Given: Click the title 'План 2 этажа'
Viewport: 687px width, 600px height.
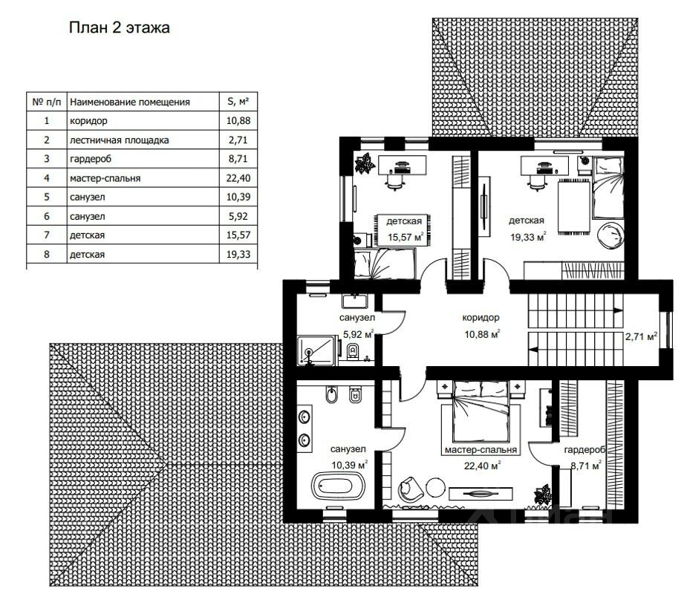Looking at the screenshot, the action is tap(119, 27).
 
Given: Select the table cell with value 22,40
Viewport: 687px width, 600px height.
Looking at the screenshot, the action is tap(238, 177).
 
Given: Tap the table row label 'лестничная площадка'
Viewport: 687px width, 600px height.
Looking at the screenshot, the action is tap(119, 140).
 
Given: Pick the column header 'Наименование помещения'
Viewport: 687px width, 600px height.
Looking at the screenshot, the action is tap(130, 102).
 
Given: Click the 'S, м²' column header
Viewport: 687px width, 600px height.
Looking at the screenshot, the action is tap(238, 102).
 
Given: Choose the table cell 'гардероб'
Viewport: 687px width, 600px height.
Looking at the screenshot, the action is tap(91, 159).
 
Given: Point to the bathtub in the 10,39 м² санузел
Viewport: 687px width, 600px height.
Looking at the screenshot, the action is tap(338, 486).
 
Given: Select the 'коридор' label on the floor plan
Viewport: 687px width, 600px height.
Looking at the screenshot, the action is tap(481, 318).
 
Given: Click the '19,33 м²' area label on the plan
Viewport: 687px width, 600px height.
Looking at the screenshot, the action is tap(528, 237).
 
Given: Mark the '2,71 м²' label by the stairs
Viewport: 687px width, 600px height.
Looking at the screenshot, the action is tap(640, 337).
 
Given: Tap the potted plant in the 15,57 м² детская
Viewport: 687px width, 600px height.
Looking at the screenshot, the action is tap(365, 163).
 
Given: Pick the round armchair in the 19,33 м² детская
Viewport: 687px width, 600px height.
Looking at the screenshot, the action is tap(611, 235).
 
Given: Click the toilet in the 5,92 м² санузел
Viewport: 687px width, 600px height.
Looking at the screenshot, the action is tap(352, 350).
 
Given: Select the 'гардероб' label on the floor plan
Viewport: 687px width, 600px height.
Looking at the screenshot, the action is tap(585, 450).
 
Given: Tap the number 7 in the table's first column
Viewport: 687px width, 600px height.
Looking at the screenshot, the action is tap(47, 235).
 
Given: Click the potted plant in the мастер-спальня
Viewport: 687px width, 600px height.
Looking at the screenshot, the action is tap(543, 495).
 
